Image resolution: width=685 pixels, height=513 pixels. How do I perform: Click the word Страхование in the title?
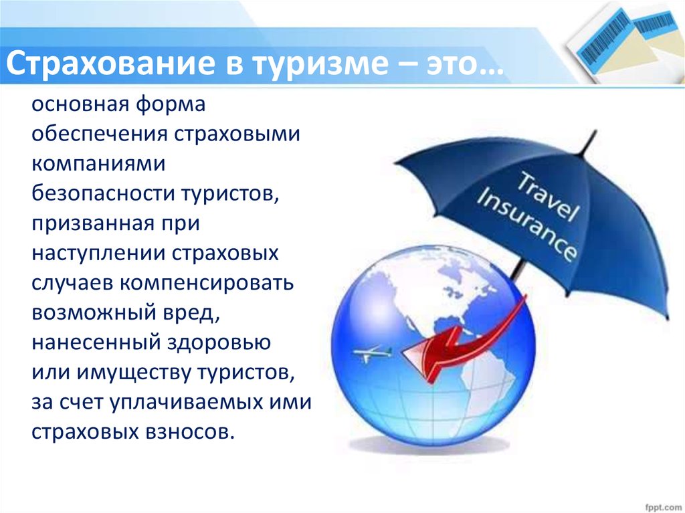(x=110, y=63)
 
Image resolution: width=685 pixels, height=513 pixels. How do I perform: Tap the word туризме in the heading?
(x=320, y=64)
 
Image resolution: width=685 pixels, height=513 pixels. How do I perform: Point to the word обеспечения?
(x=99, y=134)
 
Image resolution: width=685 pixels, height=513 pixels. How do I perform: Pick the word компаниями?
(x=98, y=163)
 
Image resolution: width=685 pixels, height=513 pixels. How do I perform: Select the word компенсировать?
(x=207, y=283)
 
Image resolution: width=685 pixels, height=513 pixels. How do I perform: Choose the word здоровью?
(x=219, y=342)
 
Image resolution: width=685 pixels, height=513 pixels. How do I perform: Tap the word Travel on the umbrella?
(x=547, y=196)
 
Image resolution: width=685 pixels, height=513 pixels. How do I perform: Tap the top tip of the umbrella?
(x=596, y=130)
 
